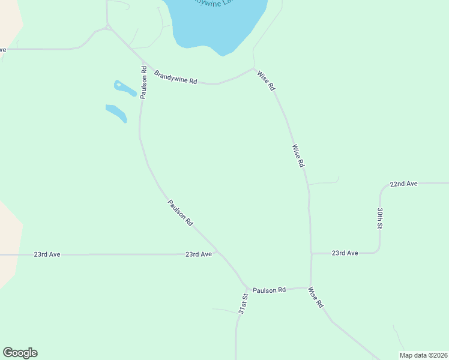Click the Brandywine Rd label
click(x=175, y=77)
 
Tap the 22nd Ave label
click(x=403, y=184)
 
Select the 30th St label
click(x=380, y=218)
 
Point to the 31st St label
click(x=243, y=304)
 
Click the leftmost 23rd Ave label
click(x=47, y=254)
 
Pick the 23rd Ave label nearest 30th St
click(x=345, y=253)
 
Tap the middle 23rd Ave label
click(x=198, y=254)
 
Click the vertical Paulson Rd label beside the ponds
click(x=144, y=82)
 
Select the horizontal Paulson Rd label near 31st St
click(x=269, y=290)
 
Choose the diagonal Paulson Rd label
click(x=180, y=212)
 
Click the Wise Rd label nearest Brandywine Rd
click(x=266, y=80)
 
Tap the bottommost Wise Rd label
click(x=316, y=297)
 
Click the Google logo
click(x=20, y=353)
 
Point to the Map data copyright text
click(x=423, y=355)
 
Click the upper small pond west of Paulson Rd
click(x=125, y=89)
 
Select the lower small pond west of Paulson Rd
click(x=116, y=112)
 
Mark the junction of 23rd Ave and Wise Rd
click(x=311, y=254)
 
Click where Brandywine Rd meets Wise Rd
click(x=254, y=68)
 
